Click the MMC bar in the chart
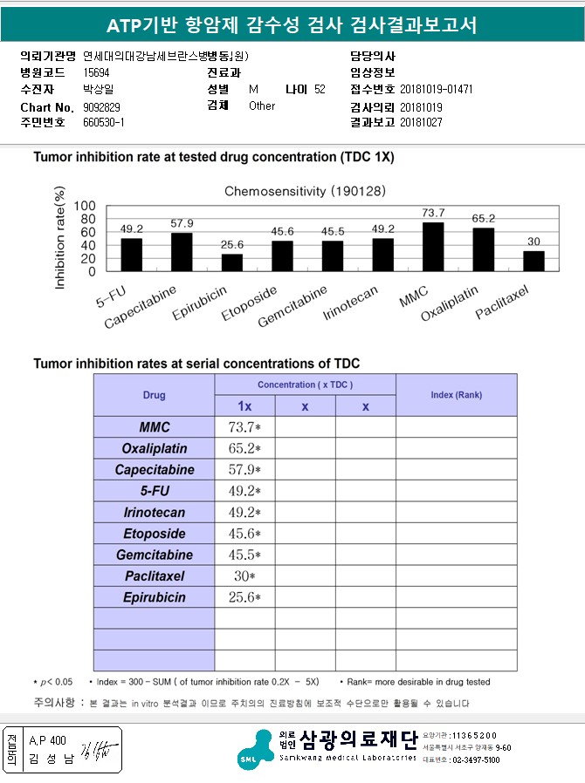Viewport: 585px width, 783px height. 433,247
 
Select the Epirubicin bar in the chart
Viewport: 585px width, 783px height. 232,262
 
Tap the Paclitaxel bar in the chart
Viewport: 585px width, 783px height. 533,261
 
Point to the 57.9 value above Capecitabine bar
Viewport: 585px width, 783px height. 182,224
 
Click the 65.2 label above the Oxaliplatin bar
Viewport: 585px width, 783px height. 484,219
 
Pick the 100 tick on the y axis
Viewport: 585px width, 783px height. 85,206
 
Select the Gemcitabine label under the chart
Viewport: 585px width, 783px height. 293,306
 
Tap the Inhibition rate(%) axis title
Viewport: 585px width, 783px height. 60,237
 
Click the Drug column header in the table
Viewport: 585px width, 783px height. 154,395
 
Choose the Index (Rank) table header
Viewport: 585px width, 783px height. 456,395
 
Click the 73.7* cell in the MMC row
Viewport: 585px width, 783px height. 244,427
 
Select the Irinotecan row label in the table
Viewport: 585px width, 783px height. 154,513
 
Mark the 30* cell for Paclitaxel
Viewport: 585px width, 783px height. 244,576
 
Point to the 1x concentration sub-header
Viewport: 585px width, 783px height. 244,406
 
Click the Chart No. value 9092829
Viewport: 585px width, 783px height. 101,106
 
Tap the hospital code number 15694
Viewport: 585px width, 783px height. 96,72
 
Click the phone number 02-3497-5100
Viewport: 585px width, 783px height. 474,760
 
